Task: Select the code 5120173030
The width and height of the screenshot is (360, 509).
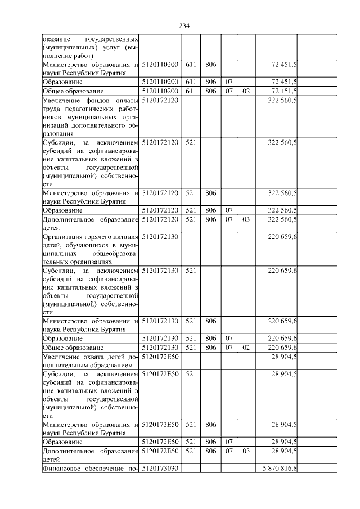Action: tap(160, 468)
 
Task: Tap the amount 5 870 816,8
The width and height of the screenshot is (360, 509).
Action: tap(277, 468)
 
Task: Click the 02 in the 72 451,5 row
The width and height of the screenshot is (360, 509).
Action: tap(245, 91)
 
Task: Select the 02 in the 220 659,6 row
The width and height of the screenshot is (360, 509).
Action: tap(245, 347)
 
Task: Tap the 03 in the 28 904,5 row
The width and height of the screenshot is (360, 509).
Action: tap(245, 451)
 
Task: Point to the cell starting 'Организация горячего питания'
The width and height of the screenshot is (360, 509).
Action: tap(91, 249)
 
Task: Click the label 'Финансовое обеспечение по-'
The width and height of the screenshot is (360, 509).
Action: tap(91, 468)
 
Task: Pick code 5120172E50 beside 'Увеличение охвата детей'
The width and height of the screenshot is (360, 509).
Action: tap(160, 356)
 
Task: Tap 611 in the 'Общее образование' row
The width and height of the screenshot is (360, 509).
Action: tap(190, 91)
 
